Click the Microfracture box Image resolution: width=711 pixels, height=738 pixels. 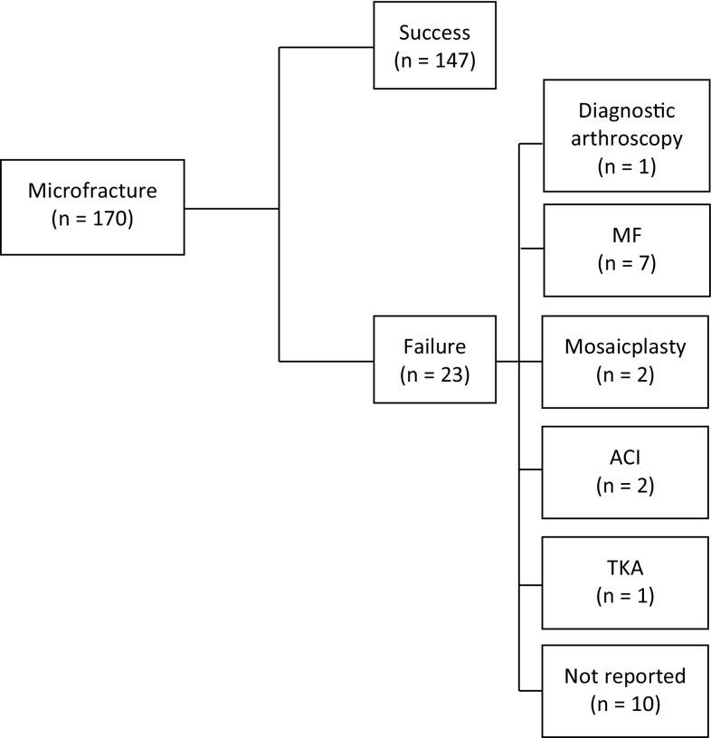(x=92, y=206)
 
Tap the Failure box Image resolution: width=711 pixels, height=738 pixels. (x=434, y=359)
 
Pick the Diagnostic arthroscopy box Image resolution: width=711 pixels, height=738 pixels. (x=626, y=136)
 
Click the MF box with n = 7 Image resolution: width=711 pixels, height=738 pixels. (x=626, y=250)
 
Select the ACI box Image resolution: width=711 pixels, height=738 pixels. (x=626, y=472)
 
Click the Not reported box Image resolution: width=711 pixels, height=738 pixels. (x=626, y=690)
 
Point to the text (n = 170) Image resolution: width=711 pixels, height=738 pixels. (x=91, y=218)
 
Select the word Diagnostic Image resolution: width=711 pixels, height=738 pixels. (x=626, y=109)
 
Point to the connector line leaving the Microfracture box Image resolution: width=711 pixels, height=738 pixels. (x=231, y=208)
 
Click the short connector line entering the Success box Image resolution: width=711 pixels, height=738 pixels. (x=326, y=46)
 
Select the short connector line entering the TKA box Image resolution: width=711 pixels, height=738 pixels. (x=531, y=582)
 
